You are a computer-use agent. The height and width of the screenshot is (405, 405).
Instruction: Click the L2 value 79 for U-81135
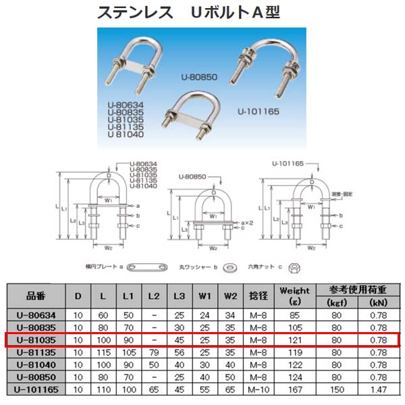pos(155,352)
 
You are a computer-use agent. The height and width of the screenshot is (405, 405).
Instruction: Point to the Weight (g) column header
pos(294,296)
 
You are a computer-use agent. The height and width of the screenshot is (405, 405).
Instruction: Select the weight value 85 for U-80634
pos(294,315)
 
